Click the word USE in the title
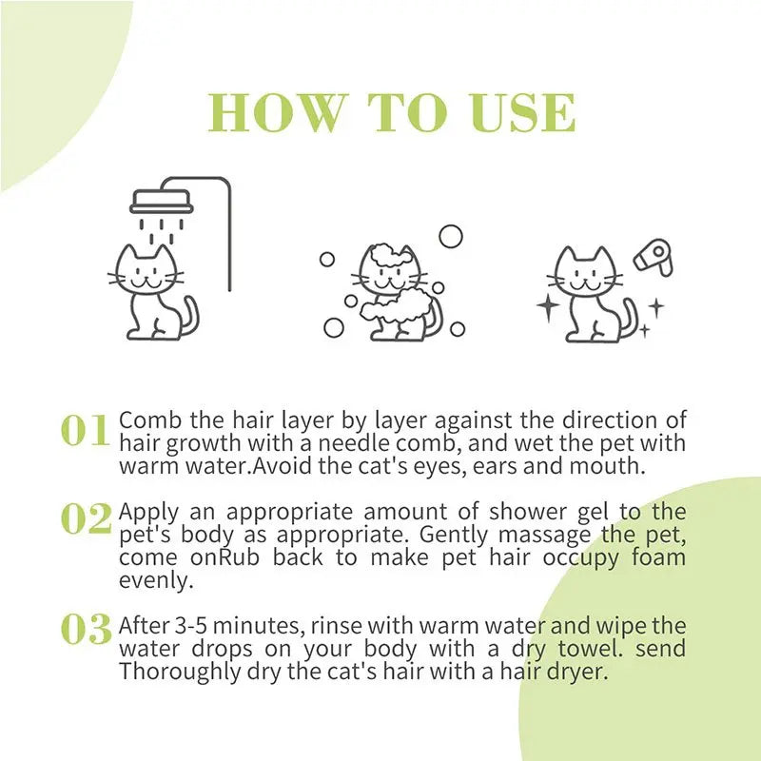tap(525, 113)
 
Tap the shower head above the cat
tap(161, 200)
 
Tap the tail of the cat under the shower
tap(189, 316)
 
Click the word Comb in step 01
tap(146, 420)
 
